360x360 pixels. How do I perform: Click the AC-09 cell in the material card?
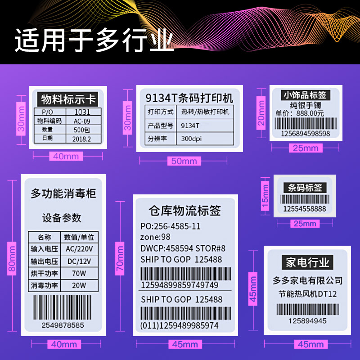point(82,121)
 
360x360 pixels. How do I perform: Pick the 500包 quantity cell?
point(82,130)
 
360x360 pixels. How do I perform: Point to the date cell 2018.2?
point(82,139)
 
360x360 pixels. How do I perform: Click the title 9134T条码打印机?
point(189,98)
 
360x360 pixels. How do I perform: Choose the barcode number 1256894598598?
point(305,134)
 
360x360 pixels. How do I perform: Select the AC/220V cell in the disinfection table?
point(79,249)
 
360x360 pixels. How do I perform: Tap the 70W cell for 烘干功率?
point(79,273)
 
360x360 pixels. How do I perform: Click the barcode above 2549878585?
point(63,307)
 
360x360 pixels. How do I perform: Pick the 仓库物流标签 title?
point(184,211)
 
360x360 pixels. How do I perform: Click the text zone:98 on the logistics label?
point(155,237)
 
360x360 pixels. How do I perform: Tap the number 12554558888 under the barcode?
point(304,209)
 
